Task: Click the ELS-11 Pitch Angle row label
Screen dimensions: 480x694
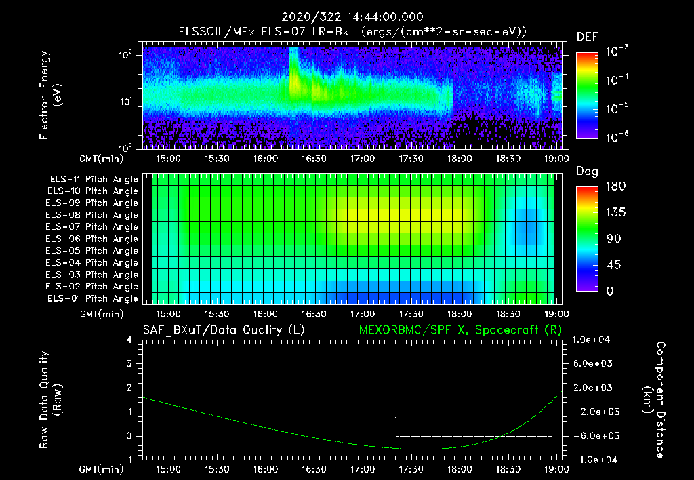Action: click(x=94, y=180)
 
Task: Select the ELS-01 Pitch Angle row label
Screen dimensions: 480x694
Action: click(x=94, y=298)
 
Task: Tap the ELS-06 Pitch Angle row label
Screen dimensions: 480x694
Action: click(x=94, y=239)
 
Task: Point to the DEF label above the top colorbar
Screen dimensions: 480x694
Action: click(x=587, y=37)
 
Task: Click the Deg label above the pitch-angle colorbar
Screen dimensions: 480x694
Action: click(x=587, y=172)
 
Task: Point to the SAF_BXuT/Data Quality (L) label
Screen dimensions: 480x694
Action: click(x=223, y=330)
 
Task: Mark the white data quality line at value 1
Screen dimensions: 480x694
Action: click(x=341, y=412)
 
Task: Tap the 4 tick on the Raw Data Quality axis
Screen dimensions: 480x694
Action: click(x=129, y=340)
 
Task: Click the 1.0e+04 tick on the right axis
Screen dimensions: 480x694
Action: click(x=593, y=340)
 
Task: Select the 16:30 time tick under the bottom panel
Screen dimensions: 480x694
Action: click(x=314, y=468)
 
